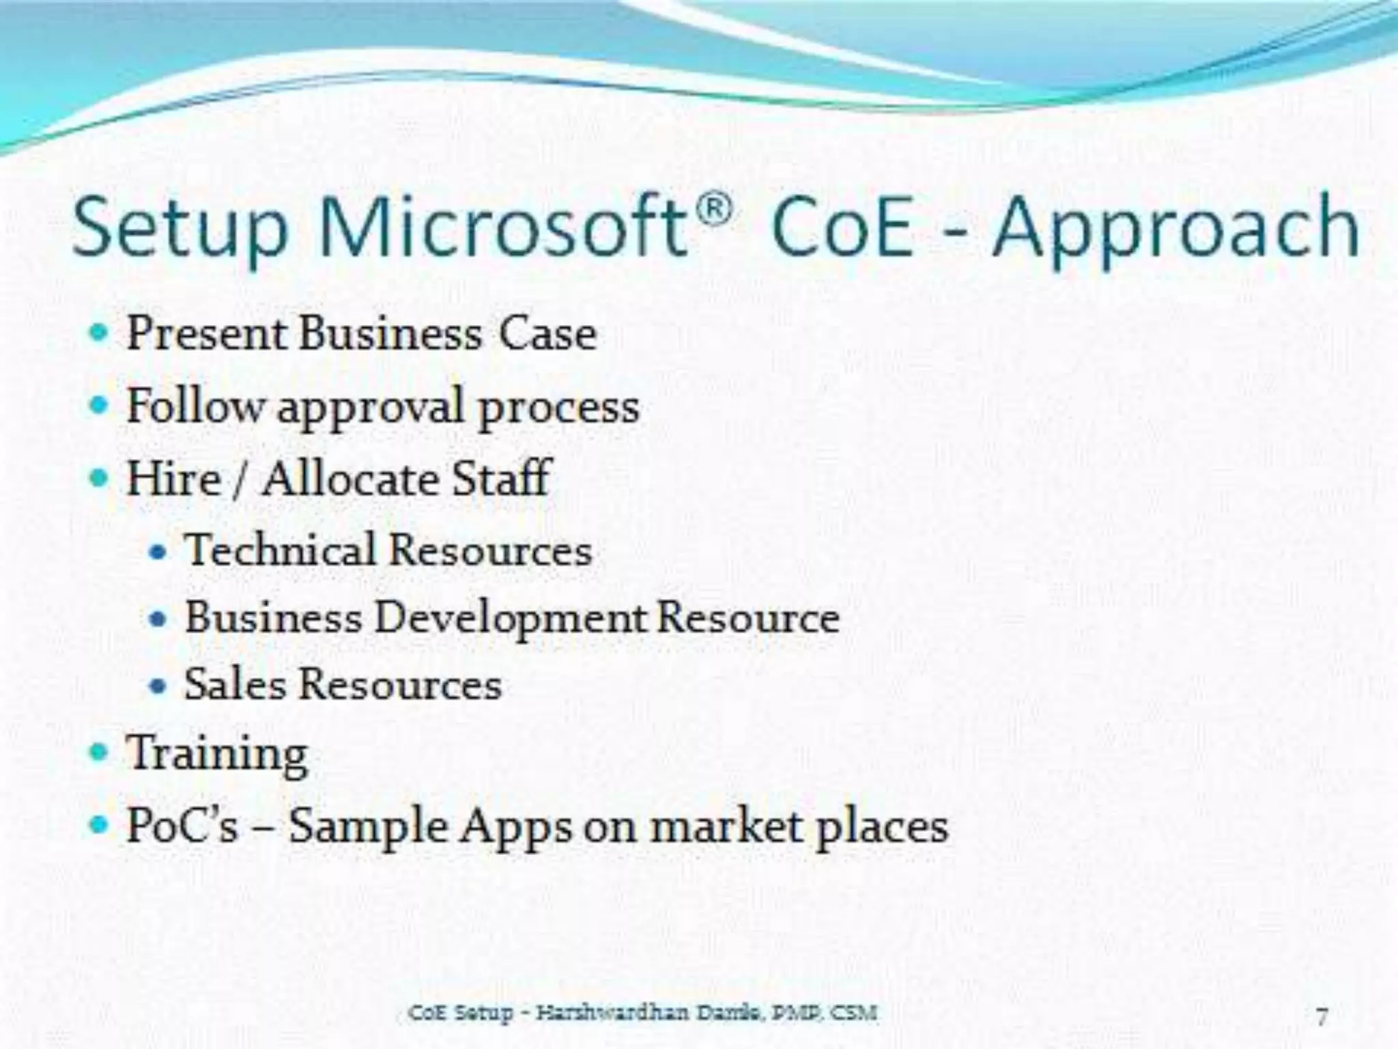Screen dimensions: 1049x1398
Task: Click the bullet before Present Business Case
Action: click(100, 333)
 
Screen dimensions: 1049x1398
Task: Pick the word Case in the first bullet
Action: click(547, 334)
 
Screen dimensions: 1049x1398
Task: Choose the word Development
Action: click(509, 619)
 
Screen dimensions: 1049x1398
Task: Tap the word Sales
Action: click(236, 684)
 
